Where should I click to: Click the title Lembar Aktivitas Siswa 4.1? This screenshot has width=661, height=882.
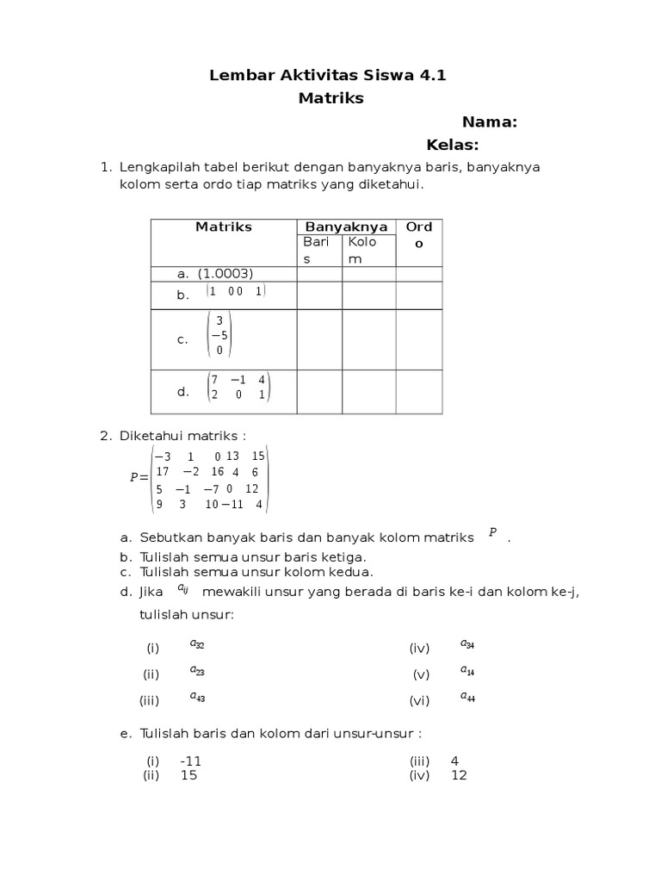[328, 76]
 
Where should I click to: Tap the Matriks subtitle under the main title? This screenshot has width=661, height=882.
[330, 98]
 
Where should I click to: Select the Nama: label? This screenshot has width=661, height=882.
[489, 122]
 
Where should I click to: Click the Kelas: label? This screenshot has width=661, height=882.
[453, 145]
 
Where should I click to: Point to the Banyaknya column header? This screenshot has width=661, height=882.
[346, 227]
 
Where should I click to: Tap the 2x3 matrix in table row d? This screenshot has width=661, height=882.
[238, 387]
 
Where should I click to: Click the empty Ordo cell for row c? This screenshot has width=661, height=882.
[419, 339]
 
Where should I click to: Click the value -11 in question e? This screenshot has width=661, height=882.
[191, 761]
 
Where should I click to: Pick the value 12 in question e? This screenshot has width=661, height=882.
[458, 775]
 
